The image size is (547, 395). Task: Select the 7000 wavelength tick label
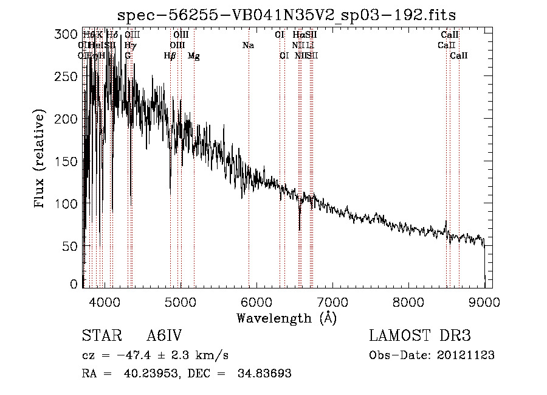pos(332,301)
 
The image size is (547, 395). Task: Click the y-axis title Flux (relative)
pos(41,160)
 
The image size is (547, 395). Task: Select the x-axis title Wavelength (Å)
pos(286,318)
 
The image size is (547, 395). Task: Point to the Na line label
pos(248,45)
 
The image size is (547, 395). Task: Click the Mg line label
pos(193,56)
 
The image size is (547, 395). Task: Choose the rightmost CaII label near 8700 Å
pos(459,56)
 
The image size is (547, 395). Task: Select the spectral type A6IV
pos(165,336)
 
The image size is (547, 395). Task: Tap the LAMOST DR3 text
pos(420,336)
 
